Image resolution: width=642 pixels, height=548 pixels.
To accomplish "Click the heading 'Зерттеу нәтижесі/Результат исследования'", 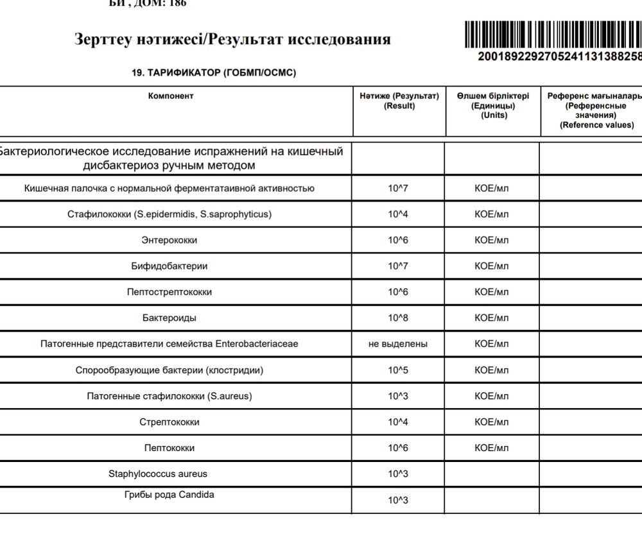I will pyautogui.click(x=232, y=39).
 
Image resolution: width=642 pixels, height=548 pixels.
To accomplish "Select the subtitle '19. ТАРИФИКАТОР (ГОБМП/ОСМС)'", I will pyautogui.click(x=214, y=73).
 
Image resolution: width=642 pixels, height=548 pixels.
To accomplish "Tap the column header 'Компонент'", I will pyautogui.click(x=171, y=96).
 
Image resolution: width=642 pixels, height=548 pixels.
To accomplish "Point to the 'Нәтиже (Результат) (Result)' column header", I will pyautogui.click(x=399, y=101).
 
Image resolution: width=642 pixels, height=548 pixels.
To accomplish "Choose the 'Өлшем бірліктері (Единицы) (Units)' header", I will pyautogui.click(x=493, y=105).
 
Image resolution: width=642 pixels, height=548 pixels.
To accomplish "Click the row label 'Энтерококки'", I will pyautogui.click(x=169, y=240).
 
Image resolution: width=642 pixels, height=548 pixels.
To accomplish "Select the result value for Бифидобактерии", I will pyautogui.click(x=398, y=266).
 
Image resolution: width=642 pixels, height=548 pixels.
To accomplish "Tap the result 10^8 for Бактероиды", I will pyautogui.click(x=398, y=318).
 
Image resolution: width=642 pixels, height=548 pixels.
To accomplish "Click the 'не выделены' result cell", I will pyautogui.click(x=398, y=344).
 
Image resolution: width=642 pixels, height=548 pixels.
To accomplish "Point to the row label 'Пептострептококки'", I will pyautogui.click(x=169, y=292).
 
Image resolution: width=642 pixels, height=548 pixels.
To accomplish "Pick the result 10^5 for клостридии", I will pyautogui.click(x=398, y=370).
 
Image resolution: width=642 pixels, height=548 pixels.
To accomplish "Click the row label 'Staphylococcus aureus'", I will pyautogui.click(x=158, y=474).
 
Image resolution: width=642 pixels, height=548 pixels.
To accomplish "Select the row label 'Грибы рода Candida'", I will pyautogui.click(x=169, y=495).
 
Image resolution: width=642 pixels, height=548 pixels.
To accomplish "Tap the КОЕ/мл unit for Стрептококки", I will pyautogui.click(x=492, y=422).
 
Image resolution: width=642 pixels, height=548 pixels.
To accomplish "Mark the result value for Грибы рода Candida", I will pyautogui.click(x=398, y=501).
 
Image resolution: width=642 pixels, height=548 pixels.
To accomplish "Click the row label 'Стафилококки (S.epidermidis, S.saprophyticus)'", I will pyautogui.click(x=169, y=214).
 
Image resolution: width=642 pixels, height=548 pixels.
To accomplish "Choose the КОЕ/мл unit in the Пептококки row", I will pyautogui.click(x=492, y=448).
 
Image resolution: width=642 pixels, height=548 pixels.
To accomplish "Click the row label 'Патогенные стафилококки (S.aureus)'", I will pyautogui.click(x=169, y=396).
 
